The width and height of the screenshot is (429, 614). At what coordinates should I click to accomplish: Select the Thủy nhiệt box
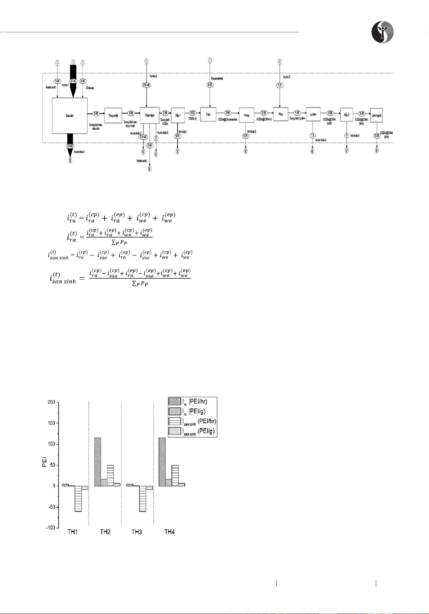pos(113,115)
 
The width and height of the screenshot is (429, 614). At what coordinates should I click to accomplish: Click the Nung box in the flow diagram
pos(246,115)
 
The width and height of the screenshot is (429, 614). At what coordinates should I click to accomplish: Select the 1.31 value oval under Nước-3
pos(279,85)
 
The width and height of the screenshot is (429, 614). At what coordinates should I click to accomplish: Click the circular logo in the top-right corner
pos(383,31)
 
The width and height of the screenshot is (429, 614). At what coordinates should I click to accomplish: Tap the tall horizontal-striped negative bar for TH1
pos(77,499)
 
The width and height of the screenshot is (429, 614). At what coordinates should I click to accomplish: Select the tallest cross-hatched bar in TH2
pos(98,462)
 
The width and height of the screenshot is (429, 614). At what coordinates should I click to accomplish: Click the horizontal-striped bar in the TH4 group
pos(175,475)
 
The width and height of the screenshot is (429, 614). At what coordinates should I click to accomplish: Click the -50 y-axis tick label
pos(50,507)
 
